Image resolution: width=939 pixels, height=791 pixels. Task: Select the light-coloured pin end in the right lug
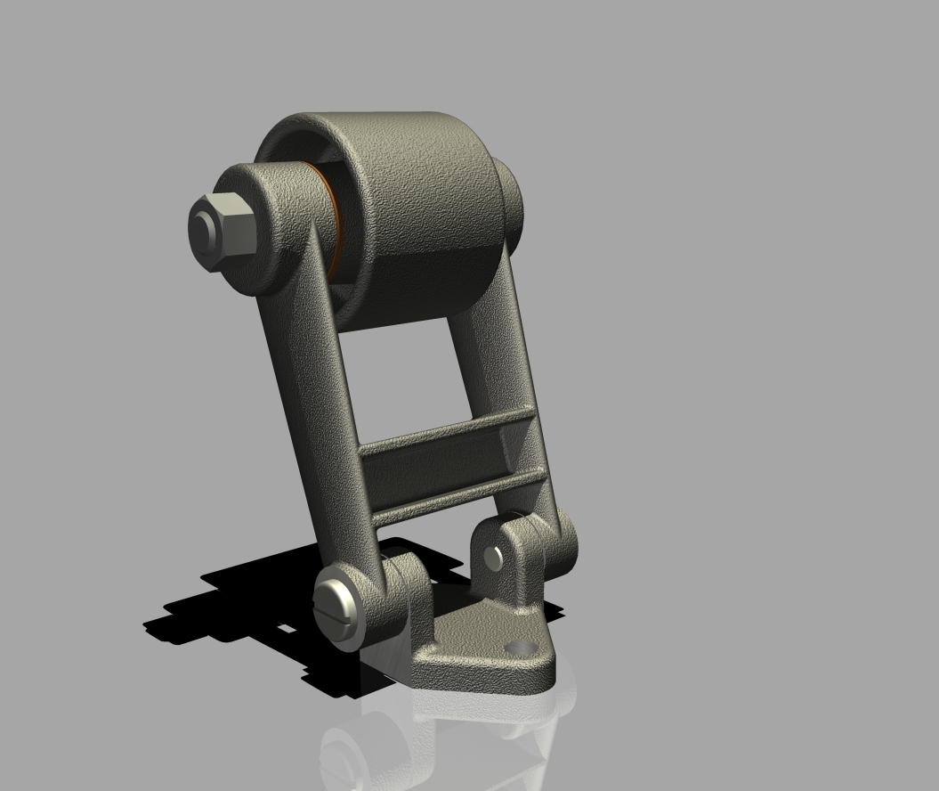[x=494, y=559]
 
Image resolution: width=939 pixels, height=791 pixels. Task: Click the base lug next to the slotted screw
[x=405, y=597]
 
